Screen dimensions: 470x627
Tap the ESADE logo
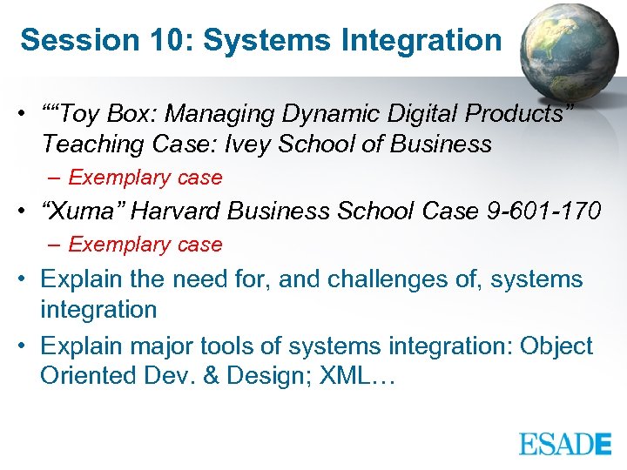click(565, 444)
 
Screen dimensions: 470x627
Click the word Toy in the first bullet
click(80, 114)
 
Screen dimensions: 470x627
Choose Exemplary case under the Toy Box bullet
click(145, 178)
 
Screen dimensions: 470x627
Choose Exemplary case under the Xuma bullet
click(145, 245)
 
